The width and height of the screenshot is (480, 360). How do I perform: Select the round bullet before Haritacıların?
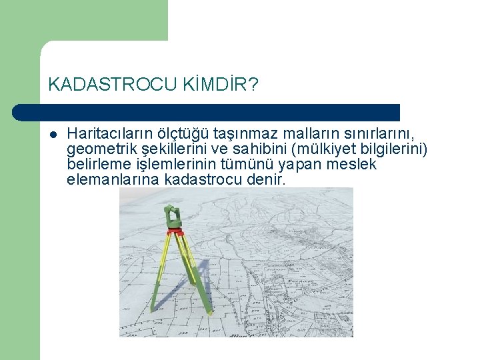[52, 134]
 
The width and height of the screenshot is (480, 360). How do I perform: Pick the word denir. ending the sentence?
[265, 180]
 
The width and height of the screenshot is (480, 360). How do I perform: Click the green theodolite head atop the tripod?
[173, 217]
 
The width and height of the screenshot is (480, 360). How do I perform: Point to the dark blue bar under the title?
[207, 112]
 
